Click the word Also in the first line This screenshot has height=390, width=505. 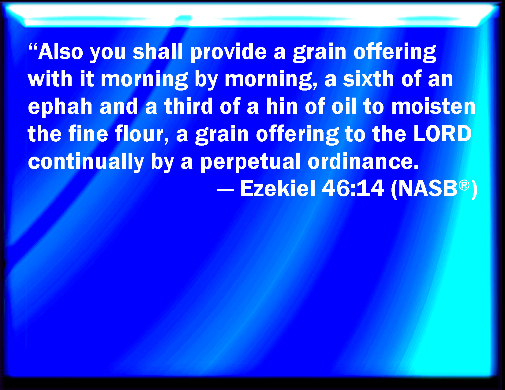[x=61, y=51]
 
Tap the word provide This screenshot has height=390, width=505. [x=228, y=53]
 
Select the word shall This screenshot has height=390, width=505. [x=158, y=51]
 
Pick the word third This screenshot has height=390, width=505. [x=188, y=106]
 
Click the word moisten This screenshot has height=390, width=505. [x=433, y=106]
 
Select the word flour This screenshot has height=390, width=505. [x=142, y=134]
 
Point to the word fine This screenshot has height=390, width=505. [x=88, y=133]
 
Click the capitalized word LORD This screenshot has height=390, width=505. [x=443, y=133]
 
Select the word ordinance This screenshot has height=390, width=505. [x=363, y=161]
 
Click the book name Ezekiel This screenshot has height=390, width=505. [x=278, y=188]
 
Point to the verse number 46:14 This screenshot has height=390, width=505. [x=353, y=188]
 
